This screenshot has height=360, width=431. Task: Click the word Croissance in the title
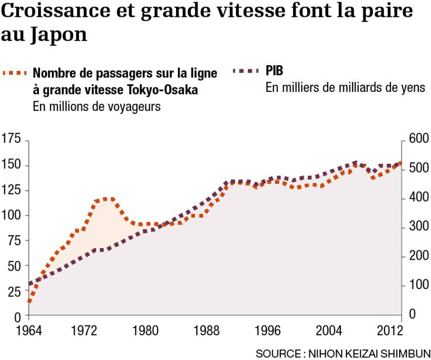click(55, 10)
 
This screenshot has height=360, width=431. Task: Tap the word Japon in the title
click(58, 35)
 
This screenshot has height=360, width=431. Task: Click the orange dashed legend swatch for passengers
click(14, 73)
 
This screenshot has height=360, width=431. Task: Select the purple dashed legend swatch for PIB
click(245, 71)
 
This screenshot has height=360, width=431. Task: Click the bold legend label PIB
click(274, 71)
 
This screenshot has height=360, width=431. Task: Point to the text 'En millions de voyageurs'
click(96, 107)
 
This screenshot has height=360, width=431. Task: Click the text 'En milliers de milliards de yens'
click(345, 88)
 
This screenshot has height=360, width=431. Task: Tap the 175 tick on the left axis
click(11, 139)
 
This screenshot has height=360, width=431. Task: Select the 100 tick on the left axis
click(11, 215)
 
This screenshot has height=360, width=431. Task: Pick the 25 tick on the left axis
click(14, 292)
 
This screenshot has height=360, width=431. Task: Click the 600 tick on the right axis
click(419, 139)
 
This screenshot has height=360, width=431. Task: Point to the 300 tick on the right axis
click(419, 226)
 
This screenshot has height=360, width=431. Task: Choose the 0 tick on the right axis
click(413, 314)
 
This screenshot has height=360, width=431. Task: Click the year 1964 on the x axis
click(29, 330)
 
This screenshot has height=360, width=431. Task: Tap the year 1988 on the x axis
click(206, 330)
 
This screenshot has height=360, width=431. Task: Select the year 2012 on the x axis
click(389, 330)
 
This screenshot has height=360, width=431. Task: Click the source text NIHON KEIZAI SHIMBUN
click(369, 354)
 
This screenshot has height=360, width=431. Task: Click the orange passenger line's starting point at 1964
click(29, 301)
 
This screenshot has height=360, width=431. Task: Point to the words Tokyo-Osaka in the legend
click(162, 90)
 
